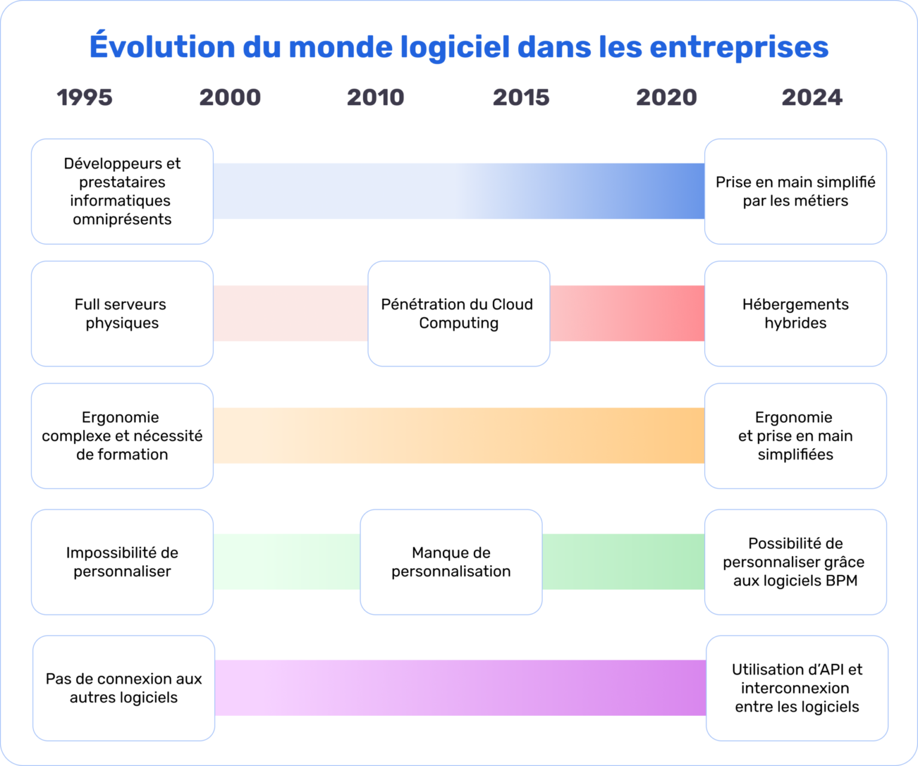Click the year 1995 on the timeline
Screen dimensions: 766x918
[84, 97]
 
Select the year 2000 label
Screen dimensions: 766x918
[230, 97]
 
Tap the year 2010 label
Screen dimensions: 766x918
[375, 97]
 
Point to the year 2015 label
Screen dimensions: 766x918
[521, 97]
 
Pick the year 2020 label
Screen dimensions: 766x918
[666, 97]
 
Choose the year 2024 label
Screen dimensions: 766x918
[812, 97]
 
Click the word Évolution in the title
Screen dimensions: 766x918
[162, 47]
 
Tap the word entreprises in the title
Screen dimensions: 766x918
[739, 47]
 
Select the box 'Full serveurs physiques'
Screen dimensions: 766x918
[122, 314]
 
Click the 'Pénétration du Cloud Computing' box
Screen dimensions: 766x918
[458, 314]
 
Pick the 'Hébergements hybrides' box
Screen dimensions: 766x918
[795, 314]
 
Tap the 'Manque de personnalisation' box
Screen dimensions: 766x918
[451, 562]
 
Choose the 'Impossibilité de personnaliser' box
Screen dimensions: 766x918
[122, 562]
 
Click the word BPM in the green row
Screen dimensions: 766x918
[840, 581]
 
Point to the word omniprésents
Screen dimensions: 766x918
[122, 219]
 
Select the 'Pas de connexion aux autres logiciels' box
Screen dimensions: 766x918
[124, 688]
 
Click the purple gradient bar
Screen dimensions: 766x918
[460, 688]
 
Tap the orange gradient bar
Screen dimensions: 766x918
[458, 436]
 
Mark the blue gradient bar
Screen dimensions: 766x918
[458, 191]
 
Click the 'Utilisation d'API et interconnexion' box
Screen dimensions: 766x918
[797, 688]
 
